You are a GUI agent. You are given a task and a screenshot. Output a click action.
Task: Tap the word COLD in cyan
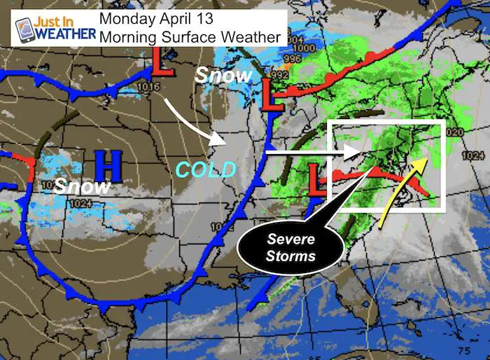click(x=206, y=169)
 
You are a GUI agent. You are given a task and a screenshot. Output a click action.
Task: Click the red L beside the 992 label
click(x=270, y=95)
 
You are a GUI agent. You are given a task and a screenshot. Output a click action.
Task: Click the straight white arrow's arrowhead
click(x=353, y=151)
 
